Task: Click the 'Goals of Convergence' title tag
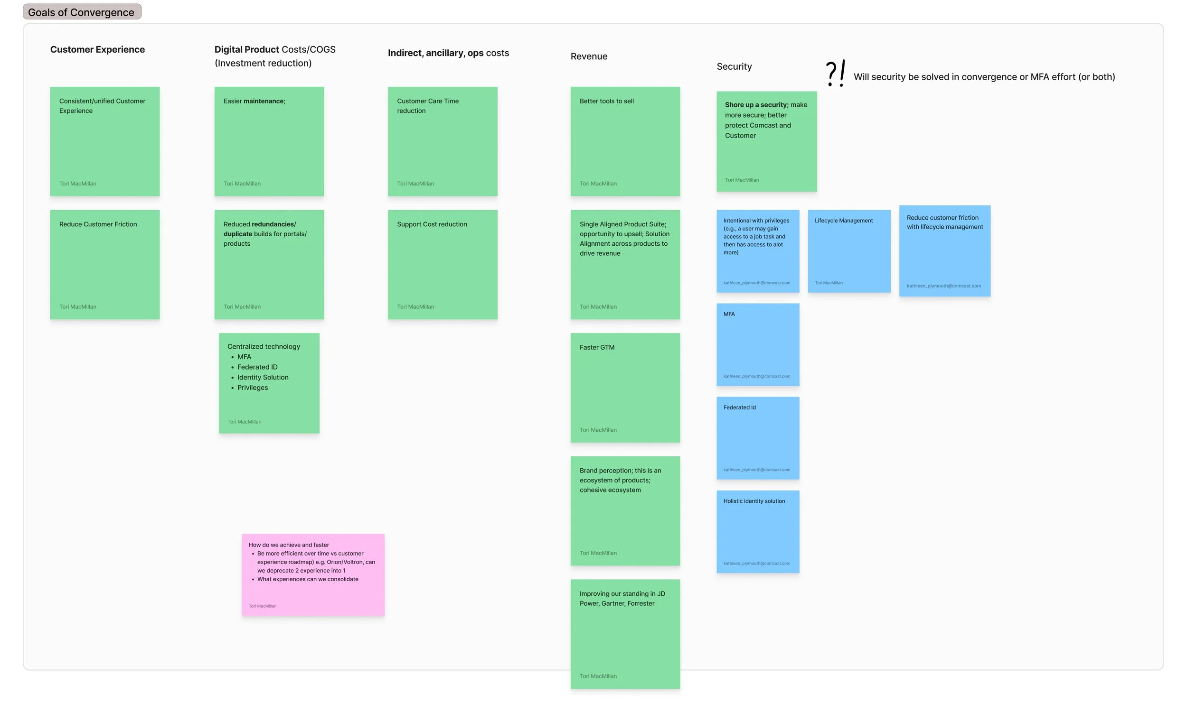82,12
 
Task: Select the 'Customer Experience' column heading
97,50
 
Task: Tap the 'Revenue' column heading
589,56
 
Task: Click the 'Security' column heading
734,66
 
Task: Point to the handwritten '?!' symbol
835,74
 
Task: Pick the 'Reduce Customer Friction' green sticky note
104,264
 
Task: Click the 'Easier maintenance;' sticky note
269,141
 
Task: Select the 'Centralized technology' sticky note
269,383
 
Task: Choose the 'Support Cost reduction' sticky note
442,264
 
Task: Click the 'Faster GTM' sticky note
625,388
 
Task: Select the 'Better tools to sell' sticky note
625,141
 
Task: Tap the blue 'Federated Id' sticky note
757,437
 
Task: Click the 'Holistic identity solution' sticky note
757,531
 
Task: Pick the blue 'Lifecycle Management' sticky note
849,251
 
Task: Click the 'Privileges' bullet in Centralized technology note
253,388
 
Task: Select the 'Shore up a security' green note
766,141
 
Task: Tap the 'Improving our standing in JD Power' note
625,633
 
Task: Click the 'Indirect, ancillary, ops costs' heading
448,53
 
